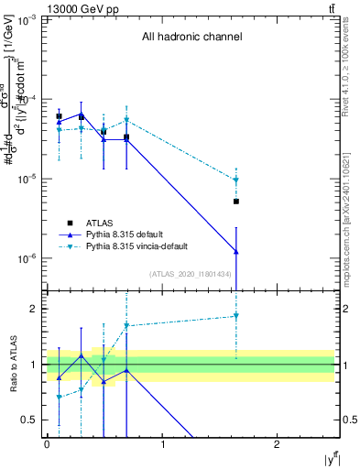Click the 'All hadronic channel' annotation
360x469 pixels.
click(191, 38)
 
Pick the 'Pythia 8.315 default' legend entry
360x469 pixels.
click(126, 234)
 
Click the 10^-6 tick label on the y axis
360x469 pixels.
click(27, 259)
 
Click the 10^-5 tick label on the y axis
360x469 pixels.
click(27, 180)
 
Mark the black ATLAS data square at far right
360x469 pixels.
click(236, 202)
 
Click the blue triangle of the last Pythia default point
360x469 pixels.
click(236, 251)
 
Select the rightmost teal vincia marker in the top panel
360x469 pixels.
click(236, 180)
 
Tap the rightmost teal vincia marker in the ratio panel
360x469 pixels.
click(236, 316)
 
